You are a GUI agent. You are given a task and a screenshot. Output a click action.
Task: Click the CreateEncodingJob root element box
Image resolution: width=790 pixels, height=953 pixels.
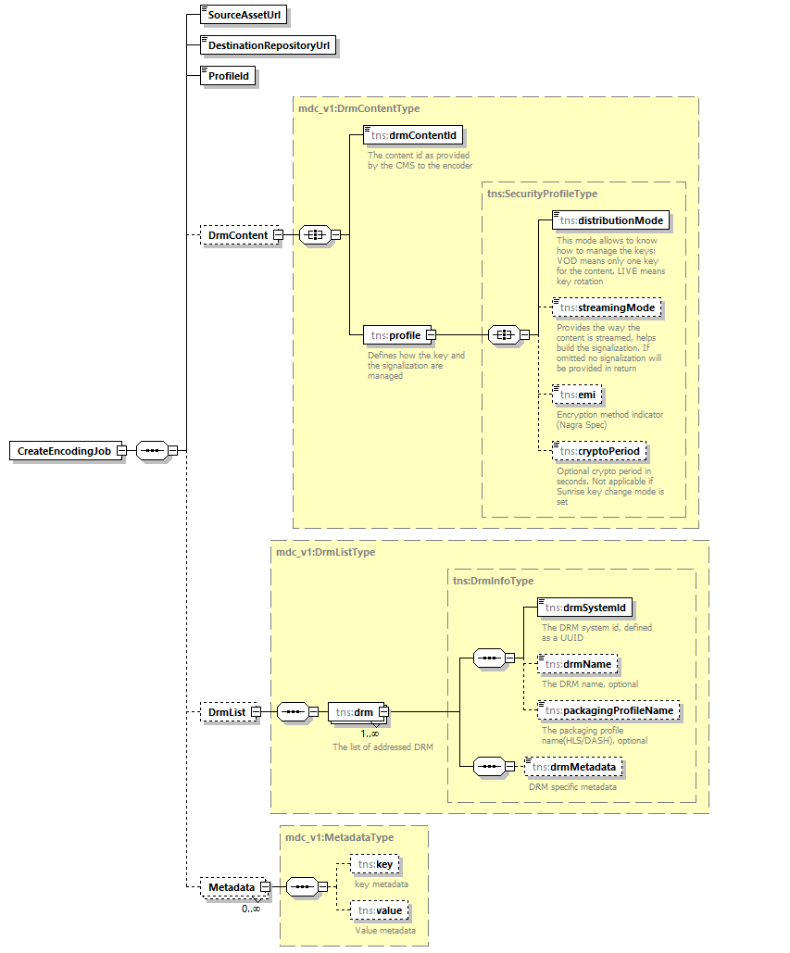[64, 451]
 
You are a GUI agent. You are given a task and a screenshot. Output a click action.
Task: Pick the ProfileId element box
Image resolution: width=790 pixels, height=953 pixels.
[228, 76]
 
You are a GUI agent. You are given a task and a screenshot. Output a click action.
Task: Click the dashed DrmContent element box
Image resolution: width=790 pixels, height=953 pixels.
[238, 235]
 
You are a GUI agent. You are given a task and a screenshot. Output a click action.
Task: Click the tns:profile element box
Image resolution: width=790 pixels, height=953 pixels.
[395, 334]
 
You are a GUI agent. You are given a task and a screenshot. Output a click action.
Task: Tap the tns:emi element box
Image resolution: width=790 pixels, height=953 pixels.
[578, 395]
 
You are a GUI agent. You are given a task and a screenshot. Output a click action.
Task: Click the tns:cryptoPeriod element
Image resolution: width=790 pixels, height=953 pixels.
[599, 451]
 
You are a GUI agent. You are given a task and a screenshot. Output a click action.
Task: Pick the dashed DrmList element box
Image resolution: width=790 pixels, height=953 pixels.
[227, 712]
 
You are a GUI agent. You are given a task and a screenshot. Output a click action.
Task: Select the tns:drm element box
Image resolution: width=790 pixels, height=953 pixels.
[355, 712]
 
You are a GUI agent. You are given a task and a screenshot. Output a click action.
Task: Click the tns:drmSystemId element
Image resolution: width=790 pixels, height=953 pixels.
[585, 608]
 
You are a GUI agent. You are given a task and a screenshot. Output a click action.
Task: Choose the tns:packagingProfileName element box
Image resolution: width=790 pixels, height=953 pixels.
[610, 710]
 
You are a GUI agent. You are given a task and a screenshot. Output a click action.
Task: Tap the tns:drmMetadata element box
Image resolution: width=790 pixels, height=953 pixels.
[573, 767]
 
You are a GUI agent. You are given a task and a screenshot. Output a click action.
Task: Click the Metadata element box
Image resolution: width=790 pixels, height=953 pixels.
[231, 887]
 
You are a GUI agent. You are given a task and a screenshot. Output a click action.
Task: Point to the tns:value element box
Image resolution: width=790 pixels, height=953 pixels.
[379, 911]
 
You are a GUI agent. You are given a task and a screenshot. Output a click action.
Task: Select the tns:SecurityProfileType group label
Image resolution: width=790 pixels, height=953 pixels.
[542, 194]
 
